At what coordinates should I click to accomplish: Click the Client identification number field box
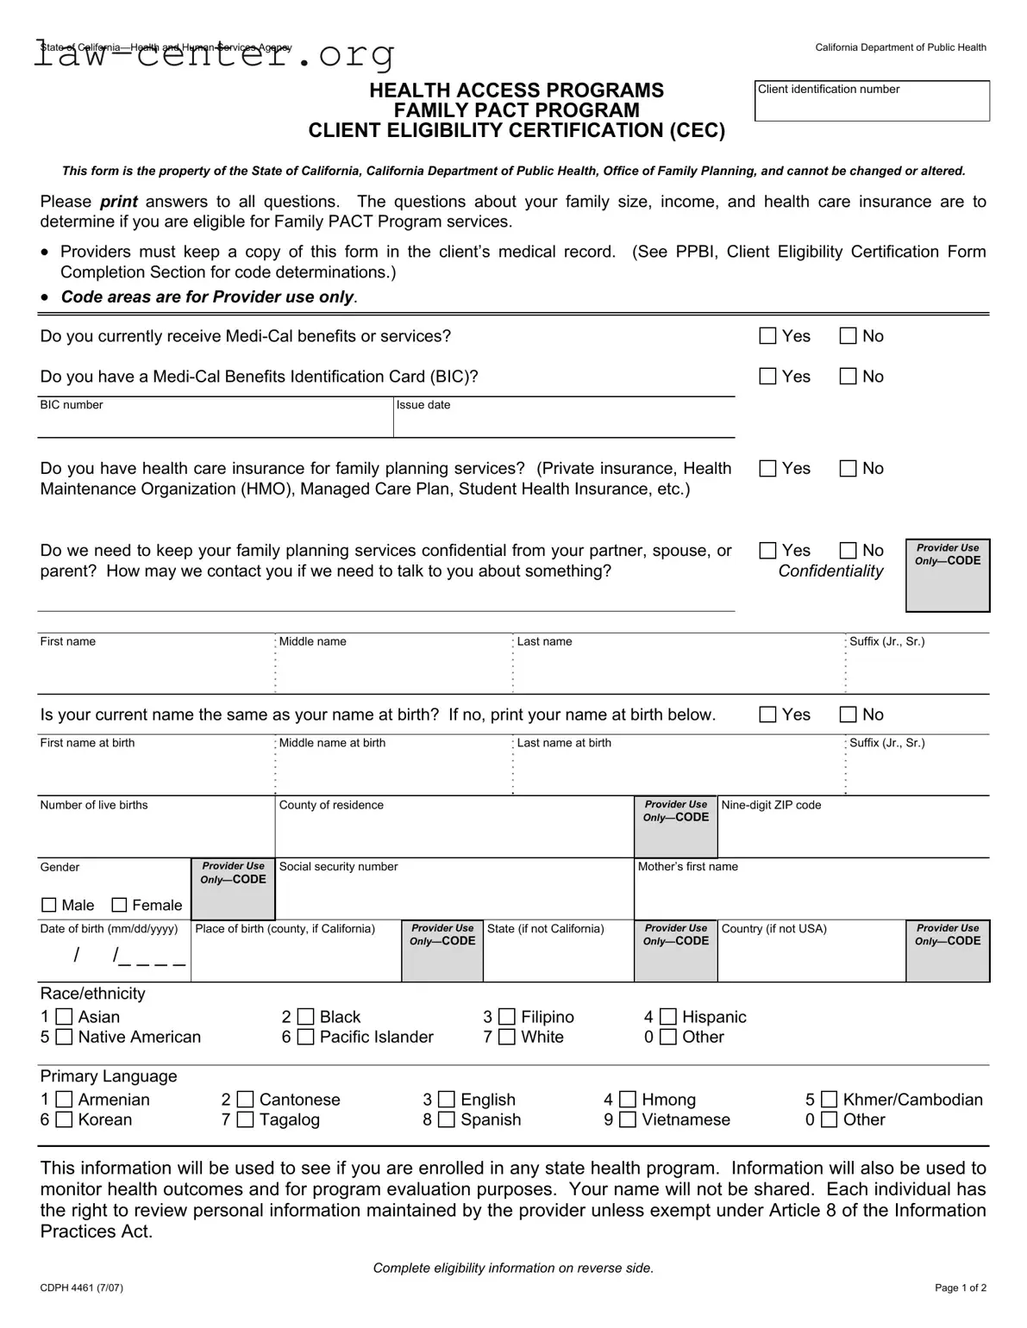click(x=872, y=101)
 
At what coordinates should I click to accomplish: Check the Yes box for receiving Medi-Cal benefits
click(x=767, y=336)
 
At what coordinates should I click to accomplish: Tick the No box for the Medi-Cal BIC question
click(x=849, y=377)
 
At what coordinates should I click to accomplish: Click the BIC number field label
click(x=72, y=405)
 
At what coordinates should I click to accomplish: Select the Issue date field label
click(x=423, y=405)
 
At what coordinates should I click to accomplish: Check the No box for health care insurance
click(x=849, y=469)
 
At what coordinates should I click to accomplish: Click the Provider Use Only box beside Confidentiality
click(x=948, y=576)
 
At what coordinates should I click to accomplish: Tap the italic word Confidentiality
click(x=830, y=571)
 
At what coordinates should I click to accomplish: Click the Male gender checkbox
click(x=49, y=905)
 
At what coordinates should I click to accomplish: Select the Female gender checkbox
click(x=120, y=905)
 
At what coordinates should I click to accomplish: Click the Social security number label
click(x=339, y=867)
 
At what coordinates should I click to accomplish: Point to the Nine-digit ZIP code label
click(x=771, y=805)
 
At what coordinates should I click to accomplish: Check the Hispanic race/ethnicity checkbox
click(x=668, y=1017)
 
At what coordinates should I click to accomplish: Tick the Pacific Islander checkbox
click(x=306, y=1038)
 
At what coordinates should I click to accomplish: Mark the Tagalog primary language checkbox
click(x=246, y=1120)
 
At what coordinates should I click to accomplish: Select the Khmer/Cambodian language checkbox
click(x=829, y=1100)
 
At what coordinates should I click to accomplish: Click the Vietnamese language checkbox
click(x=628, y=1120)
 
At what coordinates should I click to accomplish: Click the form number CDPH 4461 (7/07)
click(x=82, y=1288)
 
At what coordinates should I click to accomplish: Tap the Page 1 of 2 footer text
click(x=961, y=1288)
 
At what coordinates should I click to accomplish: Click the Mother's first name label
click(x=688, y=867)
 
